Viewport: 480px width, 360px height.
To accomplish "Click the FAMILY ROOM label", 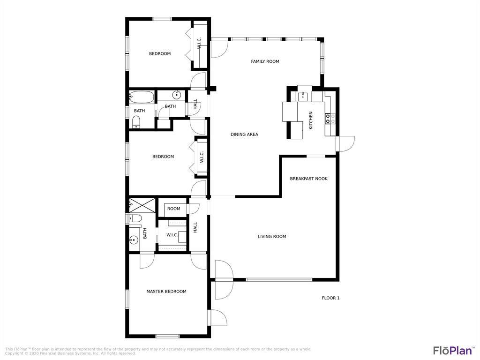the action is coord(265,61).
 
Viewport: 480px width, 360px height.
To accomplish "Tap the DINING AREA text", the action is coord(244,135).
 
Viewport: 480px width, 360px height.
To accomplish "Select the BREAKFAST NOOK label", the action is coord(308,179).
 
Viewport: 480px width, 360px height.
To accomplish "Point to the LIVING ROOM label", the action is coord(272,237).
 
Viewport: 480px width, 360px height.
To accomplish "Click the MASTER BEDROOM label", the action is coord(166,292).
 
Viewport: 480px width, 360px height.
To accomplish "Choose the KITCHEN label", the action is coord(311,120).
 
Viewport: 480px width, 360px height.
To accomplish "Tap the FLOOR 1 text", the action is coord(330,298).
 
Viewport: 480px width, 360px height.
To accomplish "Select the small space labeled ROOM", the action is coord(173,209).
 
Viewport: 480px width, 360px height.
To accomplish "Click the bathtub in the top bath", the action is coord(142,97).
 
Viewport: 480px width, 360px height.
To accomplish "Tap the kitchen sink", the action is coord(303,96).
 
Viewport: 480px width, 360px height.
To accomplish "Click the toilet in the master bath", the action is coord(135,218).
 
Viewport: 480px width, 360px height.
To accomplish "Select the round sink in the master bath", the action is coord(134,240).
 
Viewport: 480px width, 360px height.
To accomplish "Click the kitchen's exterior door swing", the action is coord(346,144).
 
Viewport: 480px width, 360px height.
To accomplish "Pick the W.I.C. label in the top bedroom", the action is coord(199,43).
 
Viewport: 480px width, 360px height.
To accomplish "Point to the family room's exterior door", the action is coord(219,49).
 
